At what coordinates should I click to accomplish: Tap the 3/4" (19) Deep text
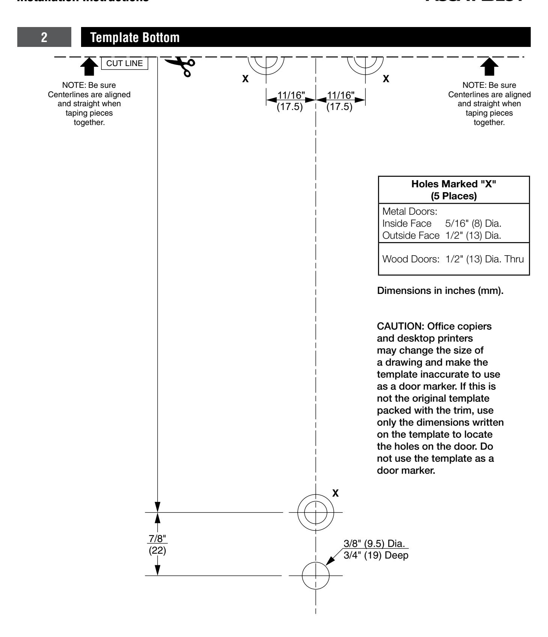(376, 556)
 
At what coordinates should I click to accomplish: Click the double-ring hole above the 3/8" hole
(315, 512)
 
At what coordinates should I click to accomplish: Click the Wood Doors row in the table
(453, 259)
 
